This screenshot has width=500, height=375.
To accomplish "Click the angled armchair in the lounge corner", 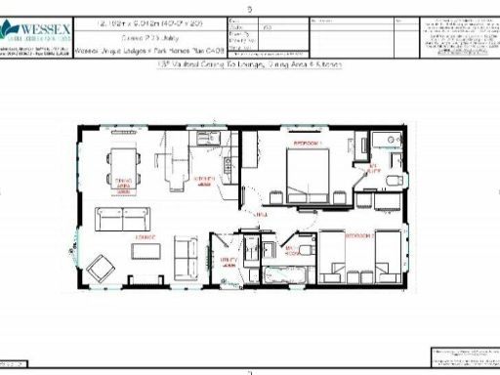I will point(101,267).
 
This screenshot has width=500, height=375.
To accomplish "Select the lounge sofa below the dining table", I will point(121,216).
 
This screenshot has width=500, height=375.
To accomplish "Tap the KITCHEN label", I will point(205,180).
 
